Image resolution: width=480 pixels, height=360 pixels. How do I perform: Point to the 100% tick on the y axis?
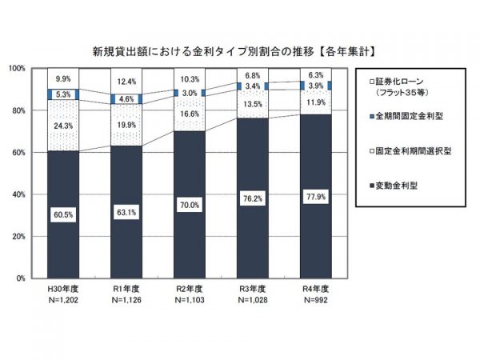click(x=18, y=69)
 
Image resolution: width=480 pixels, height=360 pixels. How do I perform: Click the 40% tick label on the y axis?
click(x=19, y=194)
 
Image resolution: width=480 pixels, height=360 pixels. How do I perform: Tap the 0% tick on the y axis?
click(x=22, y=278)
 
